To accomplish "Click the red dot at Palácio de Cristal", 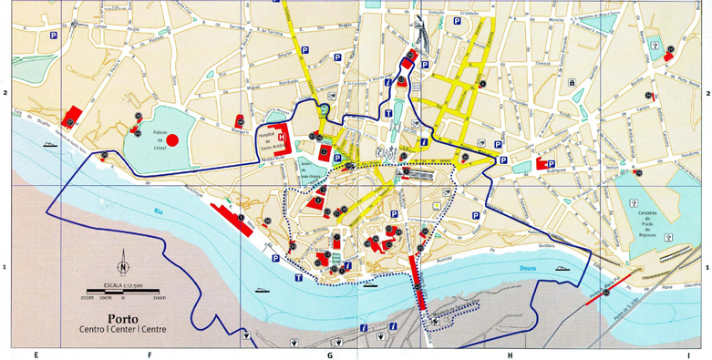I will (173, 139).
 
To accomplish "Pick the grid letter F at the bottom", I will (150, 354).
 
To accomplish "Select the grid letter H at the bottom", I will (510, 354).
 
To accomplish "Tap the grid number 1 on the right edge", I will (707, 267).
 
